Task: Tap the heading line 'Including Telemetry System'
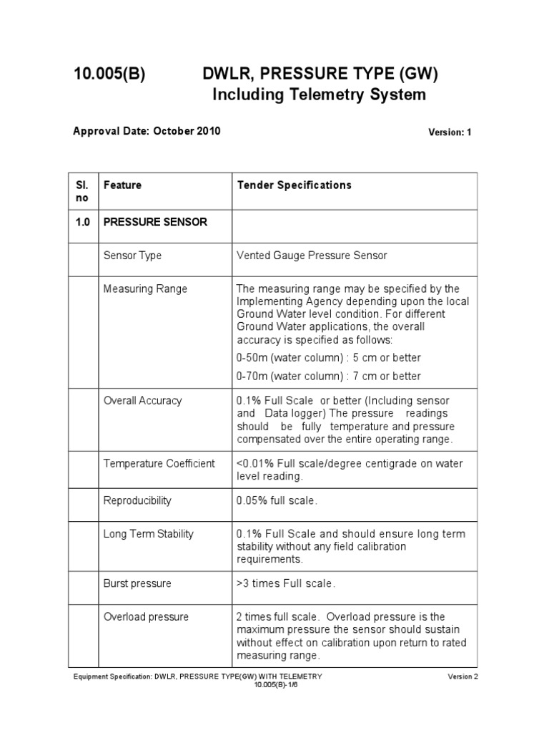pos(320,94)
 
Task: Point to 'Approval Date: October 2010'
pos(147,131)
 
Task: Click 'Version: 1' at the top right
pos(450,132)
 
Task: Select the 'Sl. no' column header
pos(83,190)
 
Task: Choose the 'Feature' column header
pos(122,185)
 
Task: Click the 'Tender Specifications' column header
pos(294,185)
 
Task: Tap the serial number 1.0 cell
pos(83,222)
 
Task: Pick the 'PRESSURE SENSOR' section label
pos(155,222)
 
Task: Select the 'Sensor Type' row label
pos(132,256)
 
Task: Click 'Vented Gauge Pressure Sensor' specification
pos(312,256)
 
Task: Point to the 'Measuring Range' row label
pos(145,288)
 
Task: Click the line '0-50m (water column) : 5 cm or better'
pos(328,357)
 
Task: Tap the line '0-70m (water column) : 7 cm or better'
pos(328,376)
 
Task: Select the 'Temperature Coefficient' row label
pos(159,463)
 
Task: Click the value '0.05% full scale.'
pos(277,500)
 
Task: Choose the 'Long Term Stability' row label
pos(148,533)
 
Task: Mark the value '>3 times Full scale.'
pos(285,583)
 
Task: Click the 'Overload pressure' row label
pos(146,616)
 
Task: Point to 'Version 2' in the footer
pos(460,676)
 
